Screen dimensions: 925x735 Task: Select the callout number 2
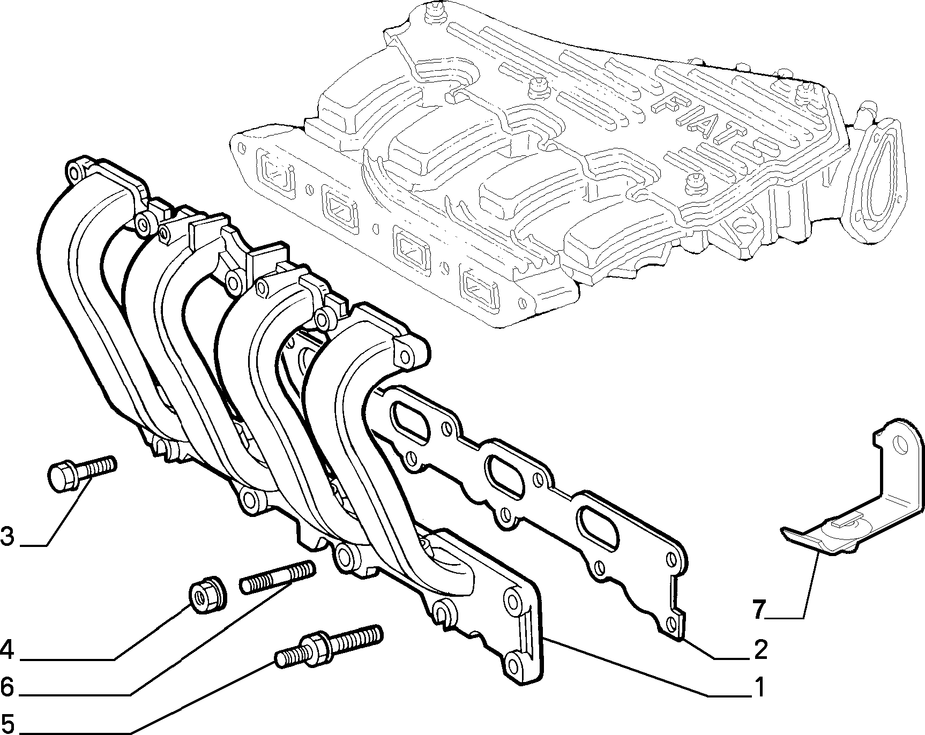point(760,650)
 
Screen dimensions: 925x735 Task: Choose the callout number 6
point(8,686)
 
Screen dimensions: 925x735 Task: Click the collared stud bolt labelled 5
point(329,645)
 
